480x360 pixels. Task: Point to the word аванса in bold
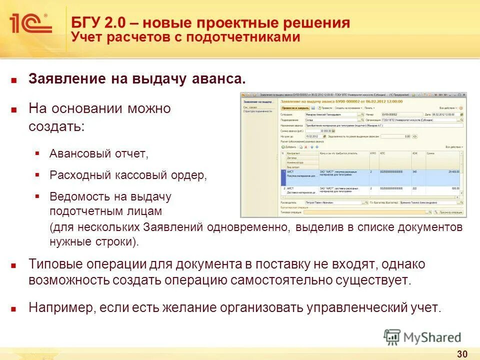[222, 79]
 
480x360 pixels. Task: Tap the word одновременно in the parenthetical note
[245, 227]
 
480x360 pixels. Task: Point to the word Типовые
[56, 264]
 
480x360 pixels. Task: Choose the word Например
[60, 307]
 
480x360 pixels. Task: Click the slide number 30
[462, 354]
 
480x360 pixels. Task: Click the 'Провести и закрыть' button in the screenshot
[294, 107]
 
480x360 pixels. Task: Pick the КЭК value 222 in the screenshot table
[414, 189]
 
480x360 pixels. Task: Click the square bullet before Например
[14, 307]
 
